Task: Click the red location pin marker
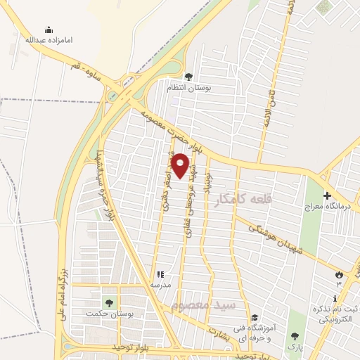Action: [181, 165]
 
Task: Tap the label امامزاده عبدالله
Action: [49, 40]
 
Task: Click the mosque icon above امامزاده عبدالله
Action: [49, 30]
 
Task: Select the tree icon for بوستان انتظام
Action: [188, 77]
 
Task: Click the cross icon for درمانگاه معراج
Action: [326, 195]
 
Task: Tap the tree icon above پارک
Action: [294, 335]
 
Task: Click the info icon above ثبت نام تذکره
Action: [334, 300]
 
